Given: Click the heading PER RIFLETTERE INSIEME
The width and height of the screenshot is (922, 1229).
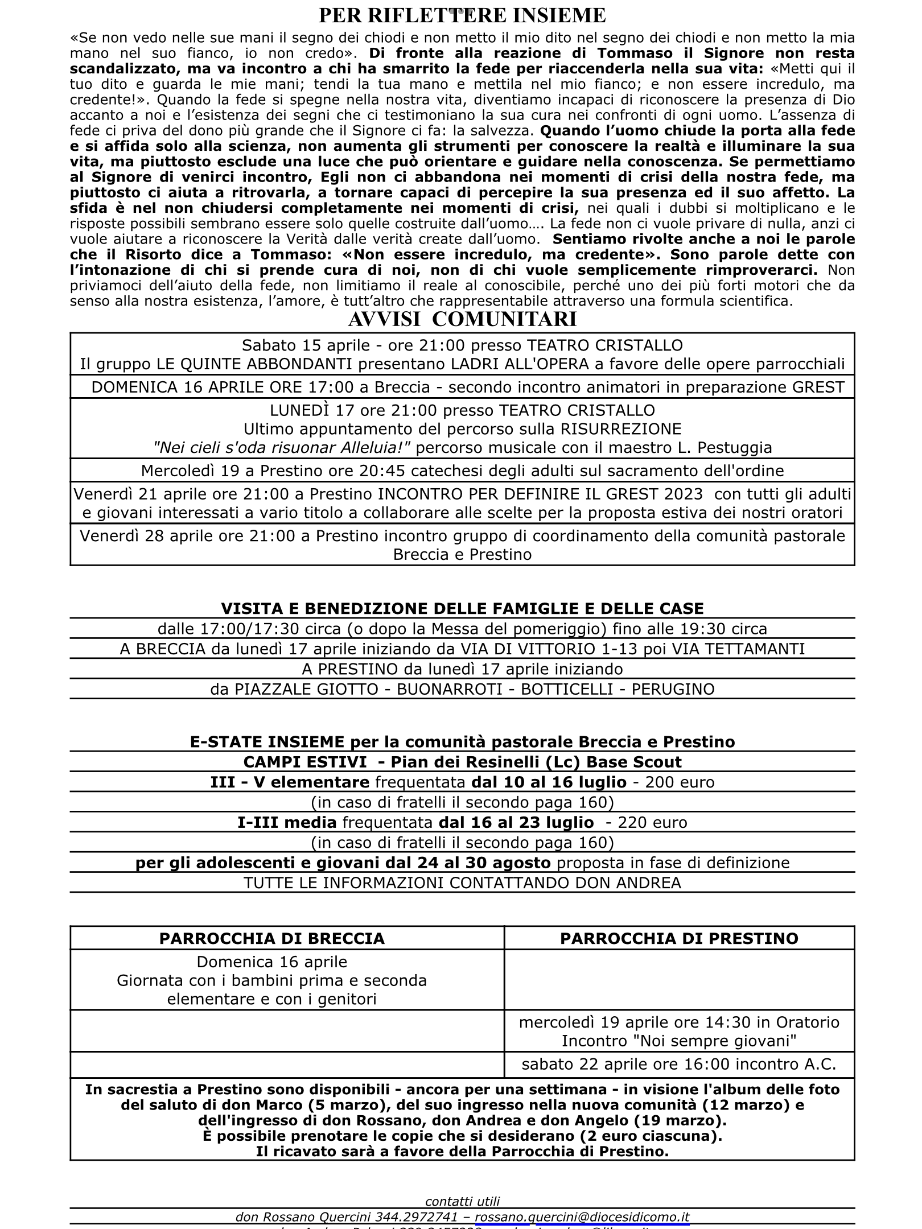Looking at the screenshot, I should pyautogui.click(x=462, y=15).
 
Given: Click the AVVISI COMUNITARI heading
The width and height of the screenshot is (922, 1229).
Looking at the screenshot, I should pyautogui.click(x=462, y=320).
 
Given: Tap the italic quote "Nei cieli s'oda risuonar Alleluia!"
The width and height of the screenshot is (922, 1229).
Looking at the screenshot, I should pyautogui.click(x=282, y=448).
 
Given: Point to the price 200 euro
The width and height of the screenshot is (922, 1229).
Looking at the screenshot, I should pyautogui.click(x=680, y=782).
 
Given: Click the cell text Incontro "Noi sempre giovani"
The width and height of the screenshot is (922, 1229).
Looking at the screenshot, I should pyautogui.click(x=679, y=1041).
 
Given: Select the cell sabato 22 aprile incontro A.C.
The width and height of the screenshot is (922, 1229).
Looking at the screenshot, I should pyautogui.click(x=679, y=1065).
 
